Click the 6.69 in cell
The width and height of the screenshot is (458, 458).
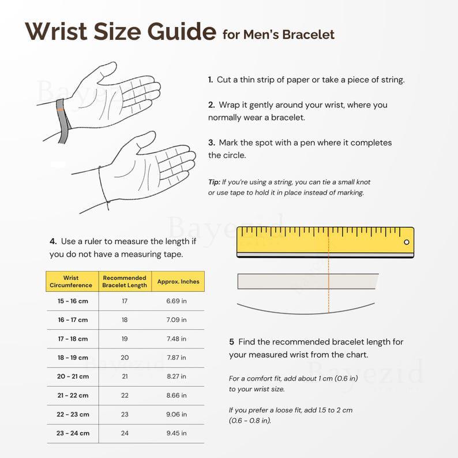(177, 301)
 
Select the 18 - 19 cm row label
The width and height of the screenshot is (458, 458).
(73, 358)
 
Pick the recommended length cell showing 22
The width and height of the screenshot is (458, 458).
(125, 395)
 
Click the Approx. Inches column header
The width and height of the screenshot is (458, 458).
(178, 281)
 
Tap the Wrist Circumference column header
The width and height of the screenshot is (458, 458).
(71, 281)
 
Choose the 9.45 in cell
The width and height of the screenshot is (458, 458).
(177, 433)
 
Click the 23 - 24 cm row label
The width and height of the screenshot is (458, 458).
(73, 433)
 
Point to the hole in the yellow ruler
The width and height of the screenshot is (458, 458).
(406, 242)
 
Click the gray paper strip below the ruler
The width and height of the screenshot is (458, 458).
(307, 281)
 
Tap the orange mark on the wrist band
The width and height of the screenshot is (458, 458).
(61, 110)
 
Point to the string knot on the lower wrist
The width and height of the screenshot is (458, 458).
(108, 202)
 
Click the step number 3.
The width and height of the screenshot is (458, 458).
(212, 142)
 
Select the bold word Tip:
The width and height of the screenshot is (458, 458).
(214, 182)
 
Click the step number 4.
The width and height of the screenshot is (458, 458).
(53, 241)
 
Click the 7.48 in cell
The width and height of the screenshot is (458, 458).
(177, 339)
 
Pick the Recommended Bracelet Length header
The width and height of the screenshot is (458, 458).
(125, 281)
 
